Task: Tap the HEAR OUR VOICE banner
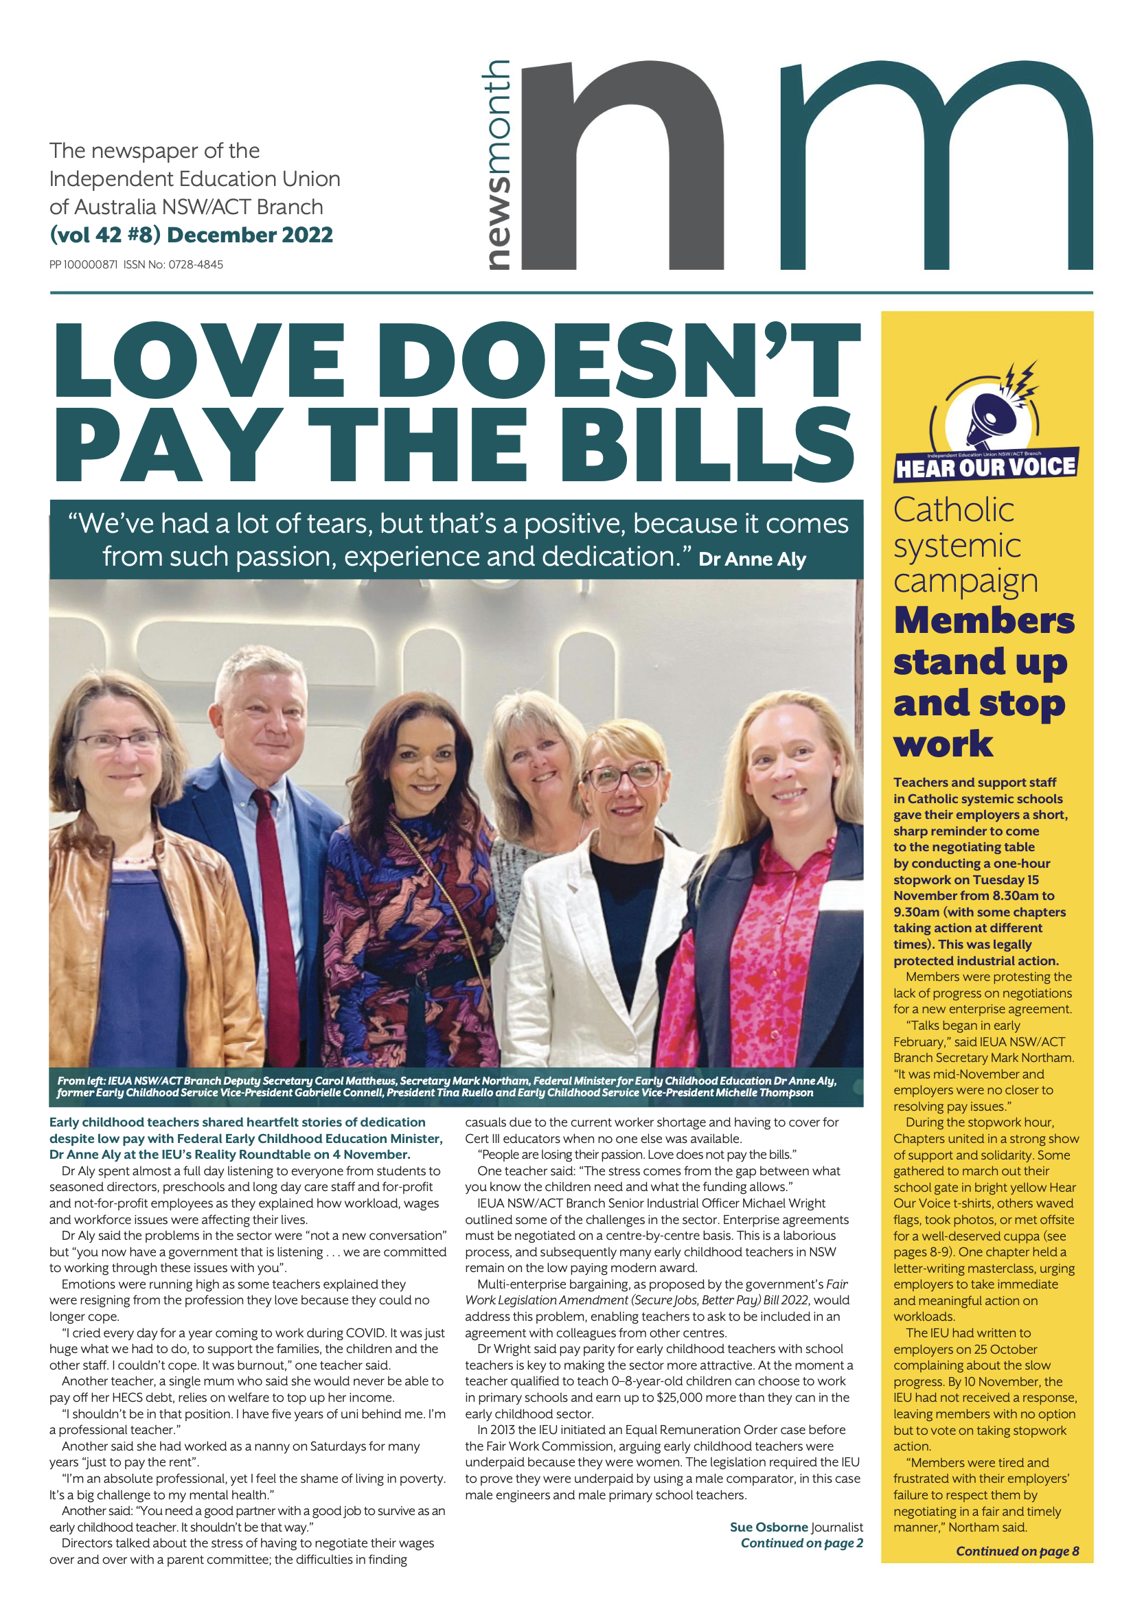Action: pos(985,467)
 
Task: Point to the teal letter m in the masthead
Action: pos(936,166)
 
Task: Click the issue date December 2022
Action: pos(249,235)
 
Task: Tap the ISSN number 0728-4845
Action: pos(195,265)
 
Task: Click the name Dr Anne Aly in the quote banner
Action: pos(752,559)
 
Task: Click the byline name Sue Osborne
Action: pos(768,1527)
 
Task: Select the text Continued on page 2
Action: pos(801,1543)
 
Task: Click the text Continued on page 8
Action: pos(1016,1551)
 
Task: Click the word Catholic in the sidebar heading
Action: pos(954,510)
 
